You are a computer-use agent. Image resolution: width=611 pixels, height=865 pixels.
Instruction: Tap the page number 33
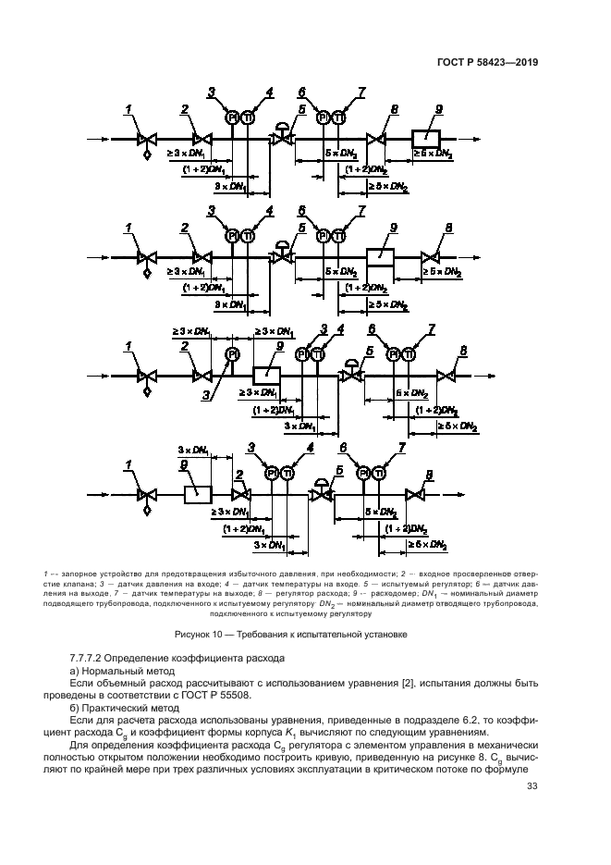[532, 787]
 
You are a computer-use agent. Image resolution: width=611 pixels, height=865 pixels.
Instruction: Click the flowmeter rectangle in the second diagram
[381, 256]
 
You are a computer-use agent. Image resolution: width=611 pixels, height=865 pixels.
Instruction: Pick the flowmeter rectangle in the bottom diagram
[198, 494]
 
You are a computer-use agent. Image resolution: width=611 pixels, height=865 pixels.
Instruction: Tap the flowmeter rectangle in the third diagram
[266, 375]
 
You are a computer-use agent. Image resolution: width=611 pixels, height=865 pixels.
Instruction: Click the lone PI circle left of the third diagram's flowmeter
[231, 354]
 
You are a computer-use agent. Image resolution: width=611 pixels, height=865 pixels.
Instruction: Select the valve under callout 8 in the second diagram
[429, 256]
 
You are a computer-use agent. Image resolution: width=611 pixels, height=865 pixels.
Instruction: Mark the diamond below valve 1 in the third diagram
[146, 391]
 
